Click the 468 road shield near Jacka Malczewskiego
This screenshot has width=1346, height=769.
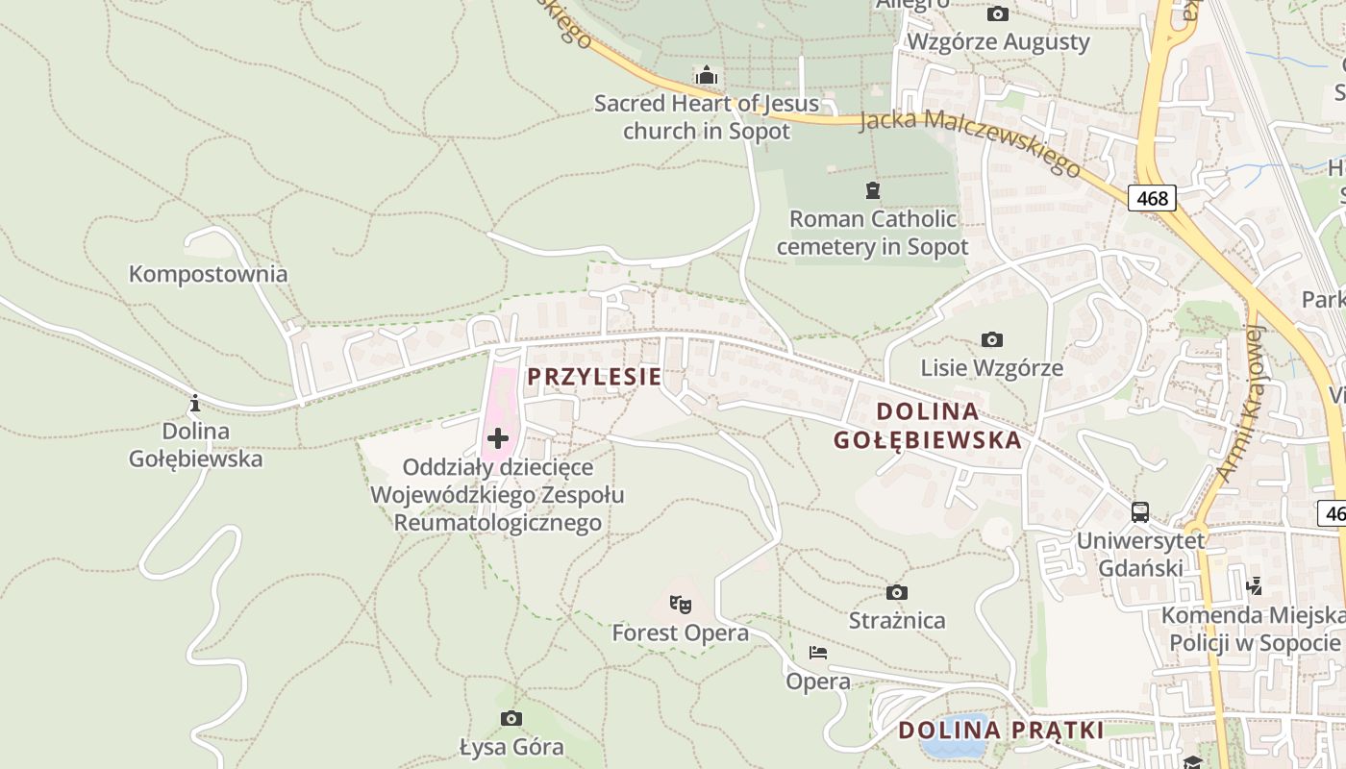(x=1152, y=198)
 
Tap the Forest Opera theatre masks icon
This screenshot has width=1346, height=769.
(x=681, y=605)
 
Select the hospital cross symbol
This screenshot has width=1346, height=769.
(x=498, y=439)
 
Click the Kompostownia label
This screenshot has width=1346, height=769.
(x=208, y=274)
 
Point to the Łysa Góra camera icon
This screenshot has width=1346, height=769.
(x=511, y=718)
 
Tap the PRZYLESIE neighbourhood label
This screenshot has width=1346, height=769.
(x=594, y=377)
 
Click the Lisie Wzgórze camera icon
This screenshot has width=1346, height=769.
(x=992, y=339)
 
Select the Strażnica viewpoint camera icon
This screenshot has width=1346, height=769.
(x=897, y=592)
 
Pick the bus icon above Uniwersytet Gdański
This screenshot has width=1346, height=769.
(x=1140, y=512)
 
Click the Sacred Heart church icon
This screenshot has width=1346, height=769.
(x=707, y=75)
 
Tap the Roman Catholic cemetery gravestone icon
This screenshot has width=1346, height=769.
(x=872, y=190)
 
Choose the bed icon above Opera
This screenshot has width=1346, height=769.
(x=818, y=653)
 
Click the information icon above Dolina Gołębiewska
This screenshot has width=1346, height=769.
(x=195, y=403)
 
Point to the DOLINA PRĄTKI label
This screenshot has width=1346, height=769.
(x=1000, y=731)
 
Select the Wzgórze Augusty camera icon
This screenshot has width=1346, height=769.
(x=998, y=13)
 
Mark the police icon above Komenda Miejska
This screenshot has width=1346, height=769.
(x=1254, y=585)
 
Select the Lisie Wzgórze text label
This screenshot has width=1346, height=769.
(x=992, y=368)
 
